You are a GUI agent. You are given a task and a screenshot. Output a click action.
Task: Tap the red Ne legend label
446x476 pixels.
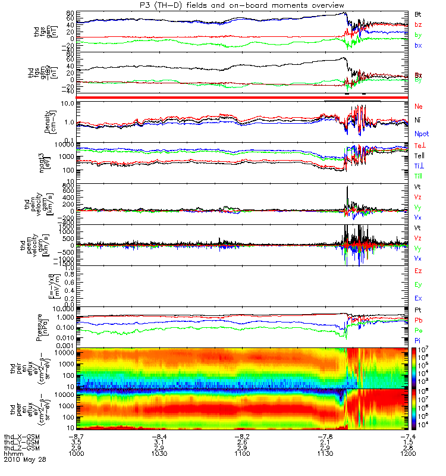click(419, 106)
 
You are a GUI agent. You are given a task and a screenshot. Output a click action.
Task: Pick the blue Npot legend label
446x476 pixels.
click(422, 134)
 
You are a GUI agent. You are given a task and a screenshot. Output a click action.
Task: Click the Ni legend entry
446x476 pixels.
click(418, 120)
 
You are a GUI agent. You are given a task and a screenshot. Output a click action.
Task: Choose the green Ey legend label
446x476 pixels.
click(419, 284)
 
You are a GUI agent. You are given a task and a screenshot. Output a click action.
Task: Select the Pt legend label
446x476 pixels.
click(418, 311)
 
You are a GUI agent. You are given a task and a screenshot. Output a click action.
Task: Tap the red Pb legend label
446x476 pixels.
click(419, 320)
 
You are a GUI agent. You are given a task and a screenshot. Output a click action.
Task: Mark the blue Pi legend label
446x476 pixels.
click(418, 340)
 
